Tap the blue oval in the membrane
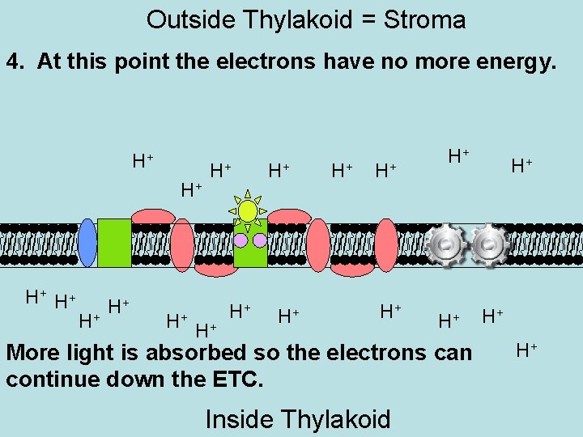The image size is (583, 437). click(x=87, y=242)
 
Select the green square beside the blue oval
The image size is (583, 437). click(x=114, y=242)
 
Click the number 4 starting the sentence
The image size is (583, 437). click(x=14, y=62)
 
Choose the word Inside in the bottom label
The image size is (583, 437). click(x=240, y=419)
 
